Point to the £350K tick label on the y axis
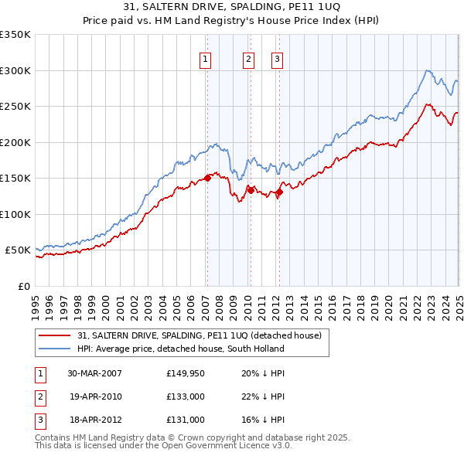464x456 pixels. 15,35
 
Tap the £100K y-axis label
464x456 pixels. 15,214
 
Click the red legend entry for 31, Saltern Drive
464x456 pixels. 204,335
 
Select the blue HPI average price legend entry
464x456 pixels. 181,349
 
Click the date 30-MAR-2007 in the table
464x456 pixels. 95,373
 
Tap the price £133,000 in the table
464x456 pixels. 186,396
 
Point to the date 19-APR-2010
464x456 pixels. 95,396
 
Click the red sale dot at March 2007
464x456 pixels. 207,179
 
